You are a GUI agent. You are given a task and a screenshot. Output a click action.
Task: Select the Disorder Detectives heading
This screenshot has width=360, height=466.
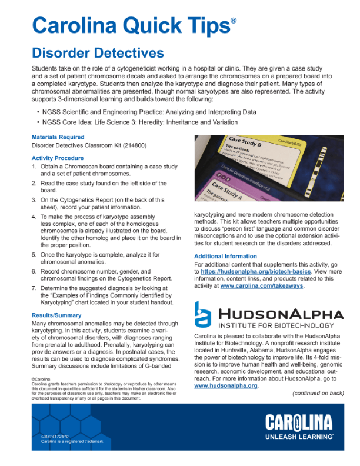coord(98,54)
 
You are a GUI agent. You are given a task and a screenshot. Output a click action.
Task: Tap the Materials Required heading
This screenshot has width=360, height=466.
coord(58,137)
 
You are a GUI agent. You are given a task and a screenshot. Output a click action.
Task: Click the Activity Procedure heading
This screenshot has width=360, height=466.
coord(58,158)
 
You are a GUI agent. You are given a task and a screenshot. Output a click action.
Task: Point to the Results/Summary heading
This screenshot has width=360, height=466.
coord(56,315)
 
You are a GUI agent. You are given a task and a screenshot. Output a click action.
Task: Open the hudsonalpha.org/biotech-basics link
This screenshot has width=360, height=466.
coord(241,272)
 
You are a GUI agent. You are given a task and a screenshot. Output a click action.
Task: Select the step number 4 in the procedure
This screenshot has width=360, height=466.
coord(34,217)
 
